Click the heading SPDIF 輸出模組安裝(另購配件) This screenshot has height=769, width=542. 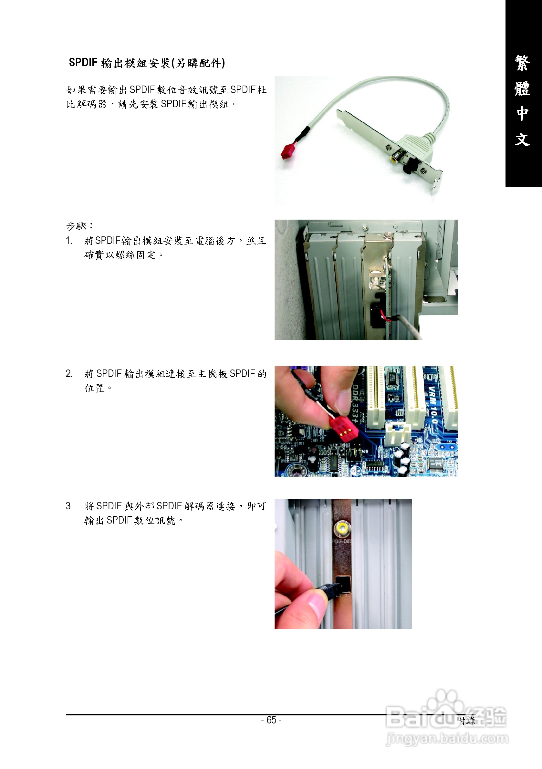pos(147,63)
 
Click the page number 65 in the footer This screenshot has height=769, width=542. pos(271,720)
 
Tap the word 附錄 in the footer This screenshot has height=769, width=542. pos(466,720)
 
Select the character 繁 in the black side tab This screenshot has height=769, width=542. pos(522,63)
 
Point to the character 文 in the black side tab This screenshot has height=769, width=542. pos(522,139)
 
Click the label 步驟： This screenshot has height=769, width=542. pos(80,226)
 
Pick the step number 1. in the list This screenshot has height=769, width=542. pos(69,241)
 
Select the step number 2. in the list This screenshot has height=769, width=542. pos(69,373)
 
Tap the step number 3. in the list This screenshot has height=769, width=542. pos(69,506)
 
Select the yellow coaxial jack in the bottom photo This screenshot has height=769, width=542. pos(342,529)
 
